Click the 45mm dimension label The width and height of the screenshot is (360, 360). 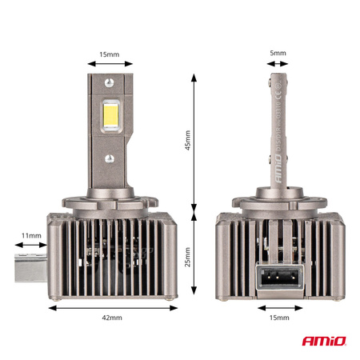tap(188, 141)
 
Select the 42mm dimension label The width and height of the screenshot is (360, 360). tap(113, 318)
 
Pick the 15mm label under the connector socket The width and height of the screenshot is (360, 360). tap(277, 318)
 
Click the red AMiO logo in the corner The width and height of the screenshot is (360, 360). tap(325, 342)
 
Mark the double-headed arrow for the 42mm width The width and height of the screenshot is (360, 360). tap(113, 306)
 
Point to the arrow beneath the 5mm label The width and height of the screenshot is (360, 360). tap(277, 65)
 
